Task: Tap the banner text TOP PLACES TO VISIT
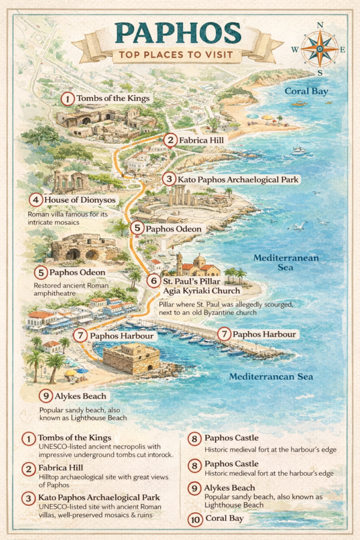click(177, 56)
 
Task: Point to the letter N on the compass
click(320, 25)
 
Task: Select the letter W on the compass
click(295, 50)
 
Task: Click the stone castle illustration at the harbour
click(131, 359)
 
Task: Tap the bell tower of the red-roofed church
click(179, 262)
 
